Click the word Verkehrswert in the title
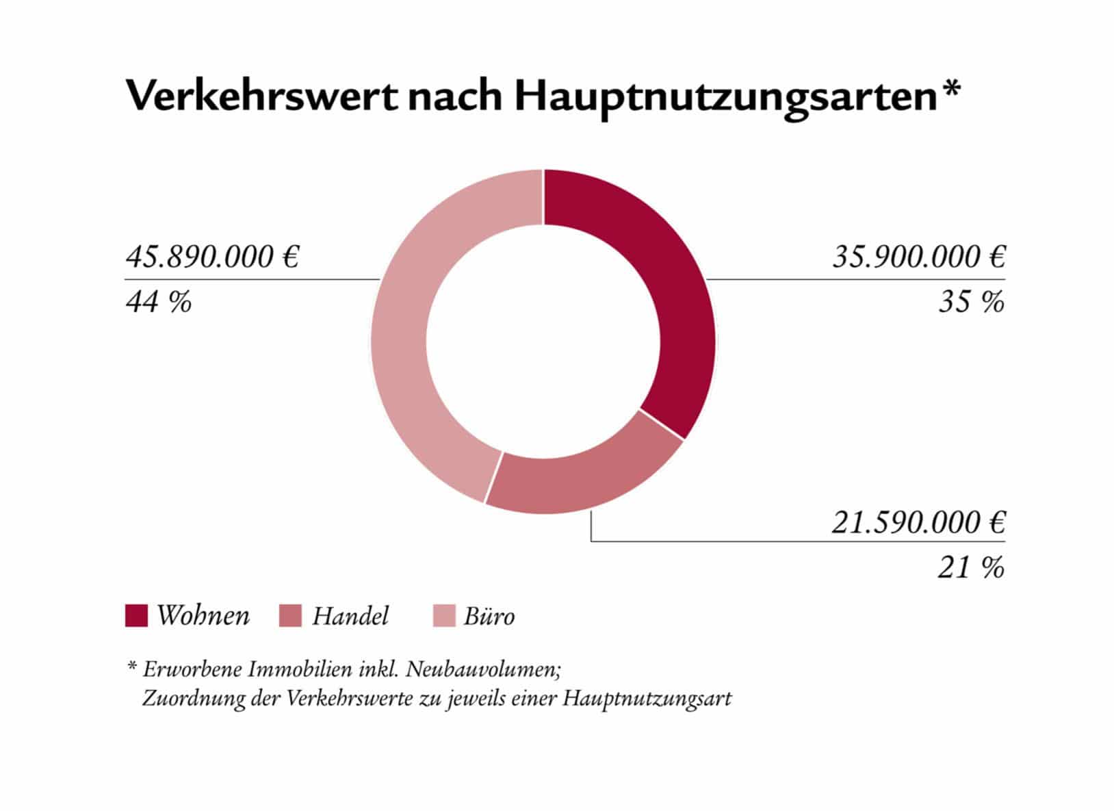pyautogui.click(x=261, y=96)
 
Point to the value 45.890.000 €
pyautogui.click(x=213, y=257)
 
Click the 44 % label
pyautogui.click(x=159, y=302)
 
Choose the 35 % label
pyautogui.click(x=971, y=302)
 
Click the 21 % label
pyautogui.click(x=971, y=567)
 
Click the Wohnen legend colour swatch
pyautogui.click(x=136, y=615)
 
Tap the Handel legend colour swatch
pyautogui.click(x=290, y=615)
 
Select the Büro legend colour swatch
pyautogui.click(x=444, y=615)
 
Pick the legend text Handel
pyautogui.click(x=350, y=616)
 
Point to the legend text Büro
pyautogui.click(x=489, y=616)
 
